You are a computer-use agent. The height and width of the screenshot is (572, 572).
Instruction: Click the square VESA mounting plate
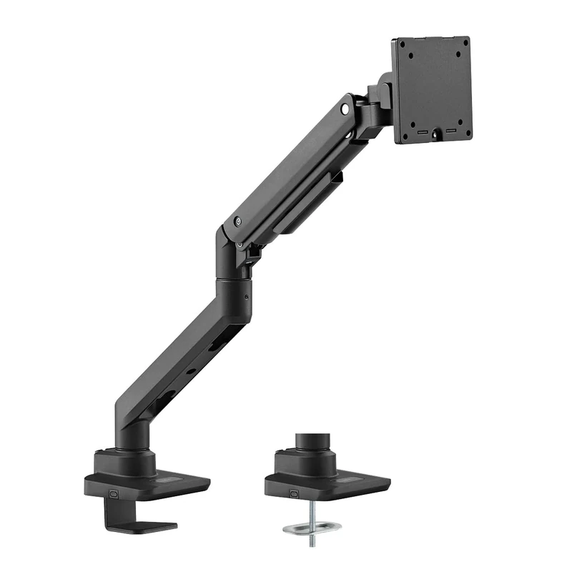point(431,89)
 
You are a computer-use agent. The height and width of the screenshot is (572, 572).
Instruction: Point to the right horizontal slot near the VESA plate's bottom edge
point(450,131)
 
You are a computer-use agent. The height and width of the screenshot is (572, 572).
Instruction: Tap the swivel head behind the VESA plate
point(377,100)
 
